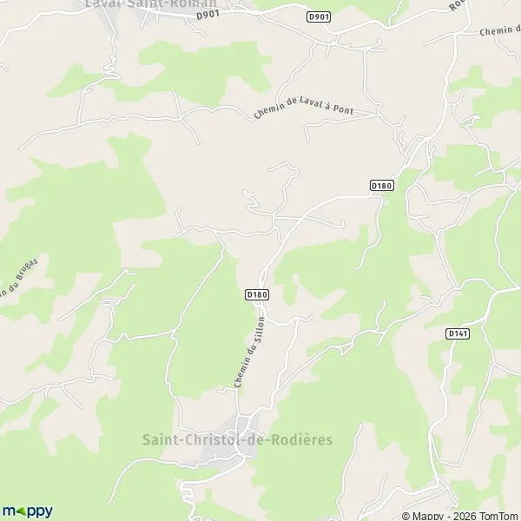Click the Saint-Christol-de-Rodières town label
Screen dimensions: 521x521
pos(238,439)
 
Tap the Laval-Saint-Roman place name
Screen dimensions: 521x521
pos(151,3)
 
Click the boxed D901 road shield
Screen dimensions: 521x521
pos(319,16)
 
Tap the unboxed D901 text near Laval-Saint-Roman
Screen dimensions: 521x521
pos(205,14)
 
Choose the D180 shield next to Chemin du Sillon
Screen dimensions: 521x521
pos(257,295)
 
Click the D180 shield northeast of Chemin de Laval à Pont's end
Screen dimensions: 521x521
pos(382,185)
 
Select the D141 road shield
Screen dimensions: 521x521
pos(457,333)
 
